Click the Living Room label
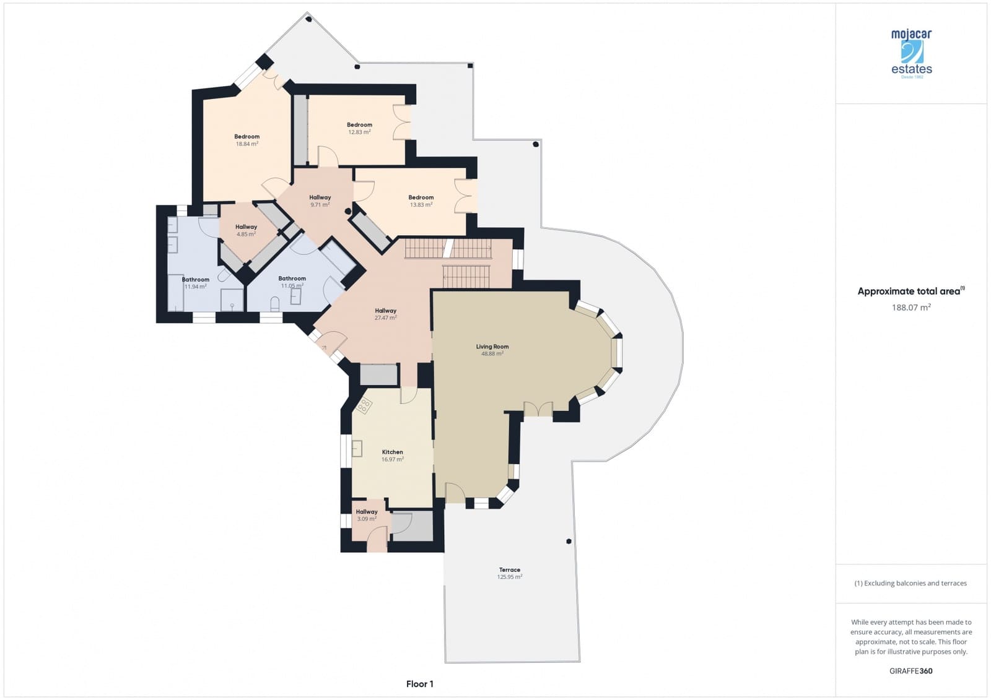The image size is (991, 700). coord(492,347)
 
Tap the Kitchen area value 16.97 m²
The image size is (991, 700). coord(392,460)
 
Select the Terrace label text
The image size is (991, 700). coord(510,570)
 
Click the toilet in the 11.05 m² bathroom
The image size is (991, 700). coord(275,303)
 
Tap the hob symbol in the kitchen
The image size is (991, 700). coord(364,406)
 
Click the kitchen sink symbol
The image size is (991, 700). coord(357,448)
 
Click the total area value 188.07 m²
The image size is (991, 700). coord(910,307)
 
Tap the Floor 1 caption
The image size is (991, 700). coord(419,684)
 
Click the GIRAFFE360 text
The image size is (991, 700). coord(910,671)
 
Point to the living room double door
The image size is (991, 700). coord(538,408)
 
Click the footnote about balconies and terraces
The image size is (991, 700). coord(910,583)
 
